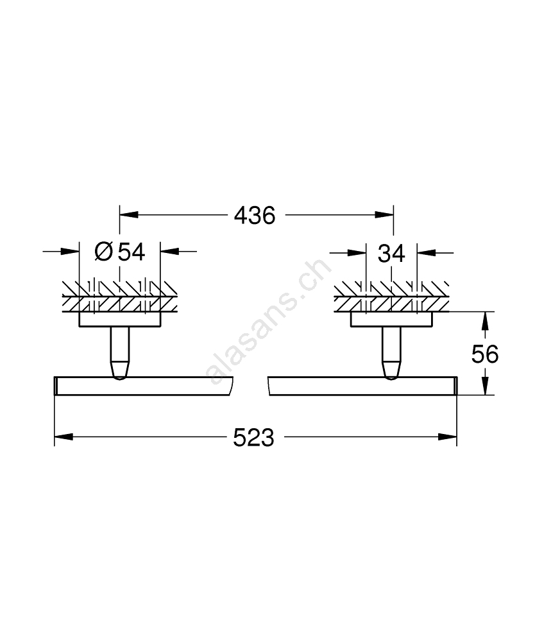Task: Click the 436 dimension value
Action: click(x=255, y=215)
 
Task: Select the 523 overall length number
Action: click(x=253, y=438)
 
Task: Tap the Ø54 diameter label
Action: click(x=120, y=252)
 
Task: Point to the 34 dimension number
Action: click(x=391, y=254)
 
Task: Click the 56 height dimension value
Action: click(x=485, y=354)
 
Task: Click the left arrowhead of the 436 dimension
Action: click(x=128, y=215)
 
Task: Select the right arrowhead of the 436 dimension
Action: click(x=384, y=215)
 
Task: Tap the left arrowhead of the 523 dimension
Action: click(x=64, y=437)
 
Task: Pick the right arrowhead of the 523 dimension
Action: click(x=448, y=437)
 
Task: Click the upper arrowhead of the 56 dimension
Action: click(x=485, y=321)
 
